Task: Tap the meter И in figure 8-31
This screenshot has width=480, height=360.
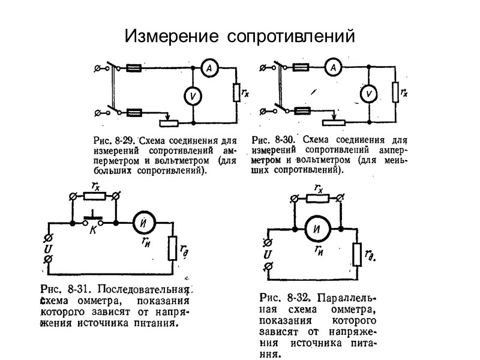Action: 144,223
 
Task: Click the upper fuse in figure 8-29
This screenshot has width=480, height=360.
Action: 135,68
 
